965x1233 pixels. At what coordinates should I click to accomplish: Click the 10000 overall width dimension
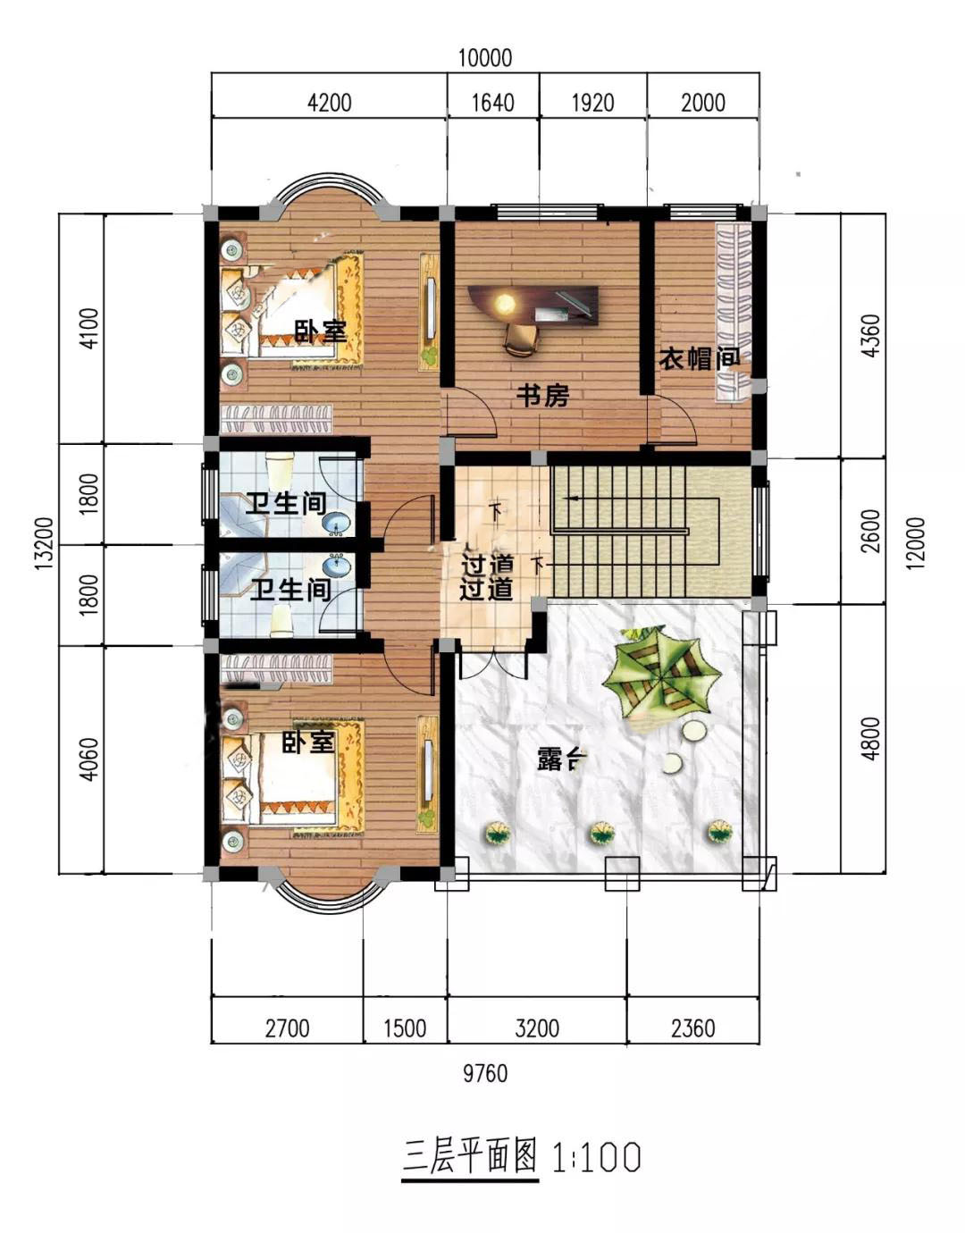coord(485,58)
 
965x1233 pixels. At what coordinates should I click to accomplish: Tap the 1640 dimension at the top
coord(493,104)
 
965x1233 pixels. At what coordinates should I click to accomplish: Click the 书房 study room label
coord(542,396)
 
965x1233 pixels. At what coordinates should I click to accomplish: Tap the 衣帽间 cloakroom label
coord(700,358)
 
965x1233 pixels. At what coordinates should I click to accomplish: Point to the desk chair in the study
coord(521,340)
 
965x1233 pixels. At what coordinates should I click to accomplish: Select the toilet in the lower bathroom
coord(282,620)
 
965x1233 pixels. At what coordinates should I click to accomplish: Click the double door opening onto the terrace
coord(494,663)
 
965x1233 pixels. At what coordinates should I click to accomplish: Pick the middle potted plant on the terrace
coord(602,833)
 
